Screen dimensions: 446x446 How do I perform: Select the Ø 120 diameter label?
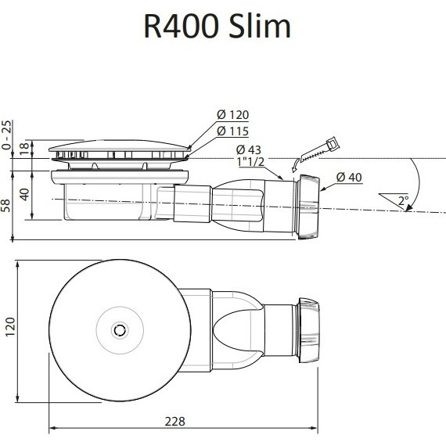232,116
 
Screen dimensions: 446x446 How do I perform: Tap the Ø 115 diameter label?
232,130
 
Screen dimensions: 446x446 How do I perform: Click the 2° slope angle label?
402,201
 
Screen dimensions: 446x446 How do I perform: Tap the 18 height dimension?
23,148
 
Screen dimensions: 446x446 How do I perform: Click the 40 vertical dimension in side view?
23,194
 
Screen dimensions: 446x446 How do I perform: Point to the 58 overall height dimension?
7,205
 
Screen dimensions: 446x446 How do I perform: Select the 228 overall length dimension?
175,421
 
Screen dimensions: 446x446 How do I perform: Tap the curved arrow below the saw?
295,163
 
